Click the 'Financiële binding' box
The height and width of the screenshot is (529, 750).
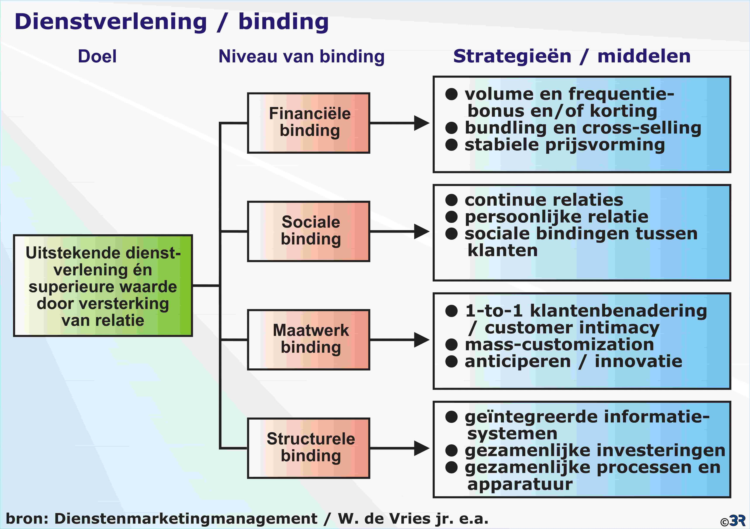coord(308,123)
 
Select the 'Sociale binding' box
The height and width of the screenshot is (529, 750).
coord(308,231)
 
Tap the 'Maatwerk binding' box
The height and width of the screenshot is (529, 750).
coord(308,340)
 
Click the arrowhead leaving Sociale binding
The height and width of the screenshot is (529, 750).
coord(422,232)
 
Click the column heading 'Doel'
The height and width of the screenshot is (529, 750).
coord(97,56)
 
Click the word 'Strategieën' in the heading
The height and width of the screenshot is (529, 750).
coord(512,56)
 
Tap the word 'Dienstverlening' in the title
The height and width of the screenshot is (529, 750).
coord(111,22)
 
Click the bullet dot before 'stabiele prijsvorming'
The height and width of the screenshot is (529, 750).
coord(451,145)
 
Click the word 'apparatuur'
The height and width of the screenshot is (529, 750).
coord(520,484)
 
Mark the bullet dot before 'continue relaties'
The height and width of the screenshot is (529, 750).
coord(451,200)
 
